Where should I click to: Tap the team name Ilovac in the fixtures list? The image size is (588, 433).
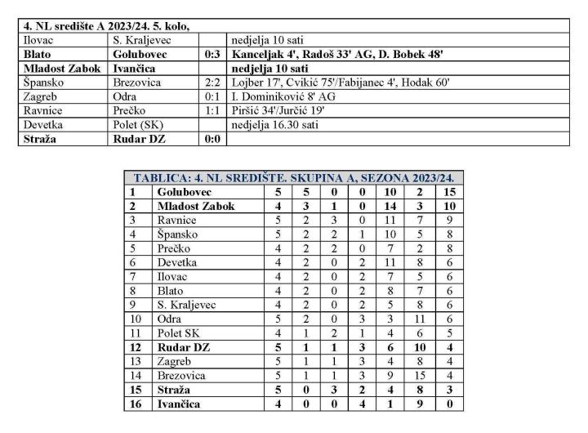[38, 39]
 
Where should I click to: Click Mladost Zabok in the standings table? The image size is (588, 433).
[196, 206]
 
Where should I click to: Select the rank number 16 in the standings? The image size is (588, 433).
[132, 404]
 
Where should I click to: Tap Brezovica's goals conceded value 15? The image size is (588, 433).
[419, 376]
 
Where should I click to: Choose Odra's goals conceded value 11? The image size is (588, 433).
[419, 319]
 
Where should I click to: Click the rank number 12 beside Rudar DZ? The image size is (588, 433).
[132, 347]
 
